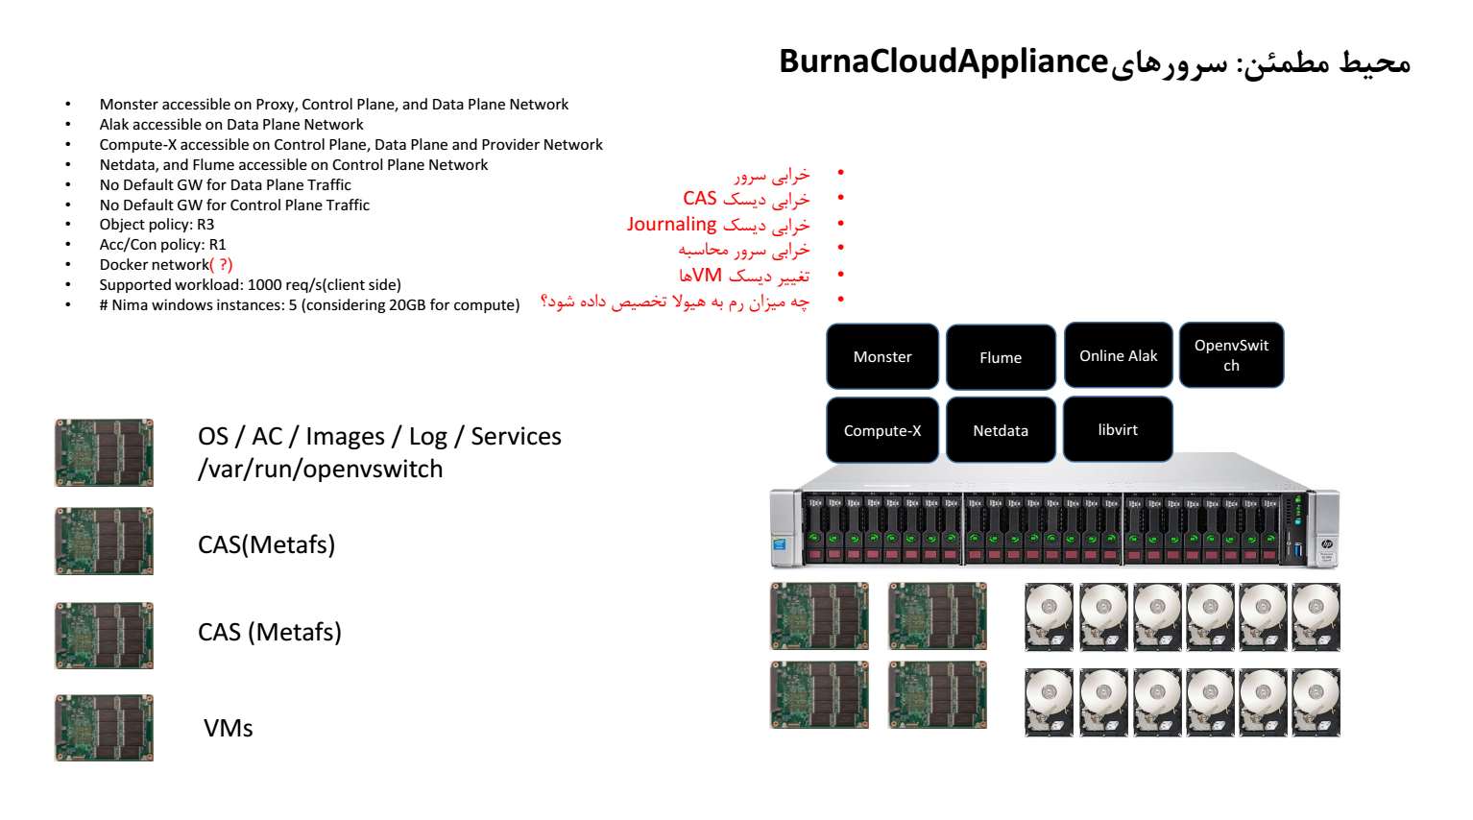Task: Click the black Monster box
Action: point(882,356)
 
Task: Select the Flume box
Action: point(1001,357)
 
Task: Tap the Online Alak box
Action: point(1118,355)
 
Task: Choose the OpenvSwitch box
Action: point(1231,355)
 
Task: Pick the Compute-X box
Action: point(882,430)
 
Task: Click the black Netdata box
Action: point(1001,430)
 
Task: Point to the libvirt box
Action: point(1118,429)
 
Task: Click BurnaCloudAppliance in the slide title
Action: point(943,61)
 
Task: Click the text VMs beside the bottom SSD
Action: point(229,728)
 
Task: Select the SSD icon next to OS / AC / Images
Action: point(104,452)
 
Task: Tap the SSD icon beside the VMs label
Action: point(104,728)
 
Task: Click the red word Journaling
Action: point(671,225)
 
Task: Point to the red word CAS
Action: point(700,199)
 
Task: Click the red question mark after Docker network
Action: point(225,265)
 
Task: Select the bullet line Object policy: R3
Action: point(157,225)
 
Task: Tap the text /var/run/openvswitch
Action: point(320,470)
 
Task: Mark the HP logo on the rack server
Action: point(1326,543)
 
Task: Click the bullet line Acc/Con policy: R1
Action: point(162,245)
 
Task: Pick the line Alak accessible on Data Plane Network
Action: point(231,125)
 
